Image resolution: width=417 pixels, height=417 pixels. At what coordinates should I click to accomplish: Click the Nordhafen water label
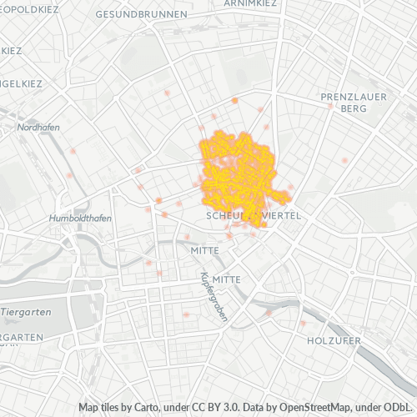33,127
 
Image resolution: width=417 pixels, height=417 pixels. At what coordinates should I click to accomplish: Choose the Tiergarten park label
27,311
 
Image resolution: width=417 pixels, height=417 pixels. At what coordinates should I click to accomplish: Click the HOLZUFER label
334,341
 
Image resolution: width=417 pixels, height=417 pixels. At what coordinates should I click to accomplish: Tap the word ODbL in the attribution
397,406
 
